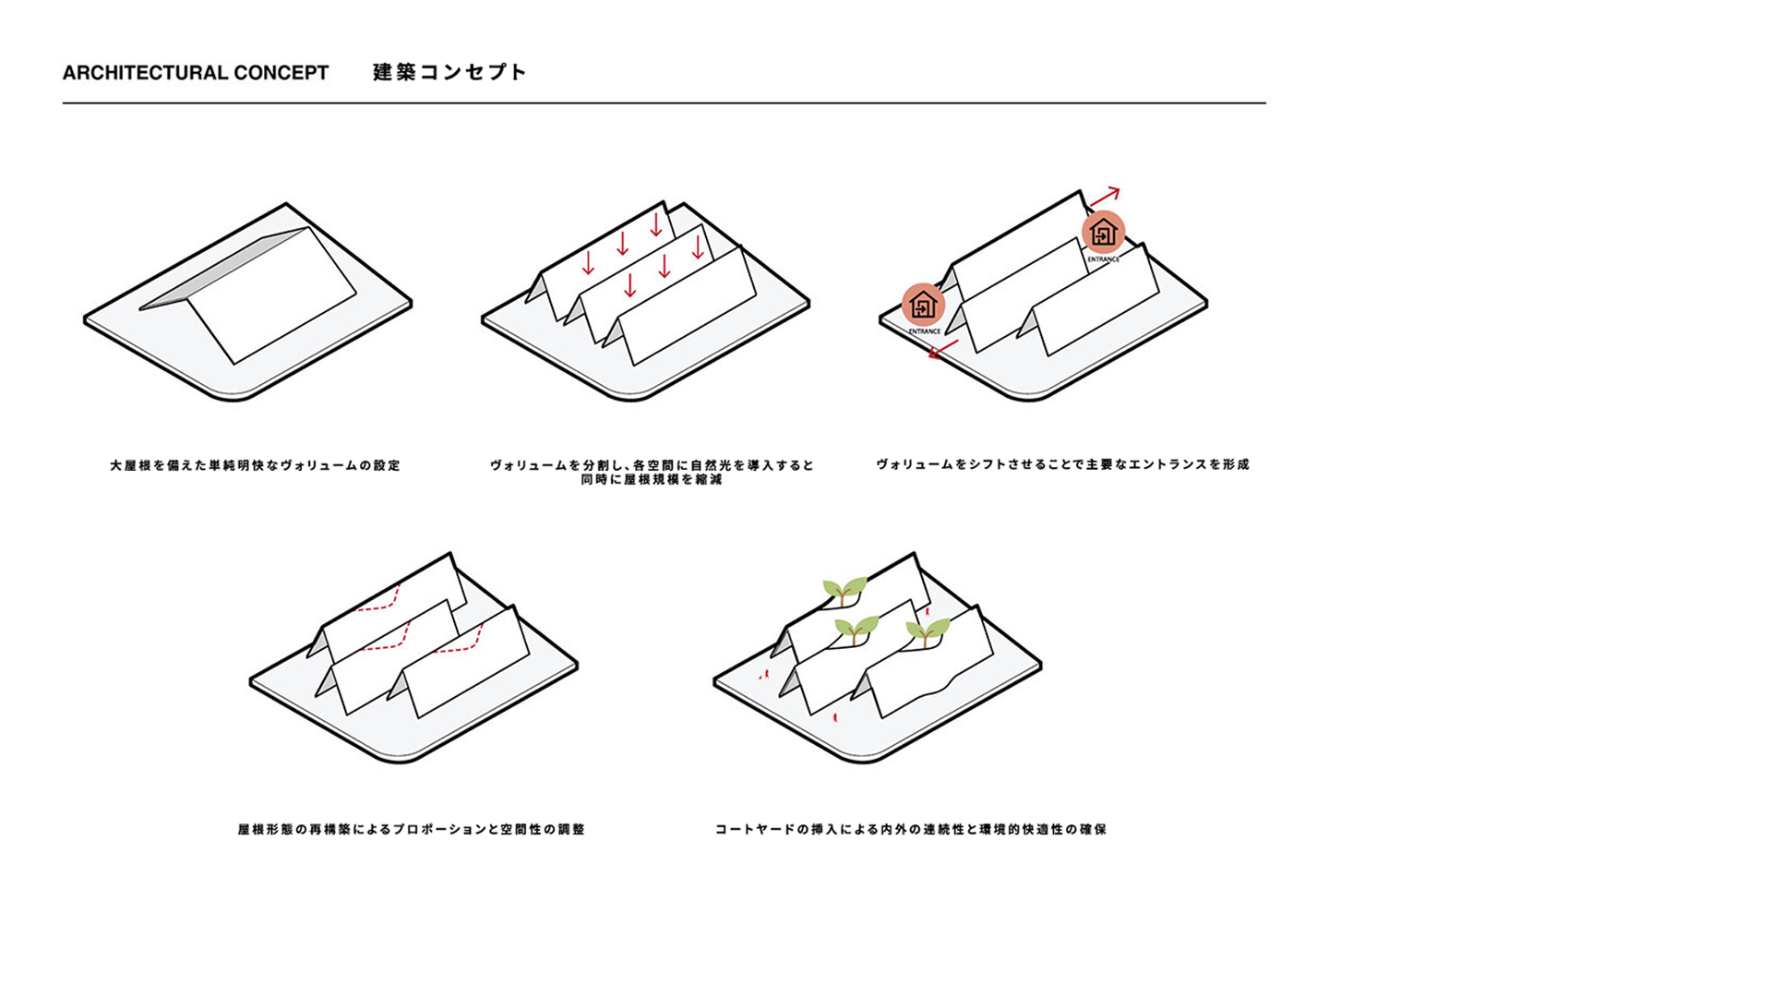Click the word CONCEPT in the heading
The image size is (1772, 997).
tap(281, 73)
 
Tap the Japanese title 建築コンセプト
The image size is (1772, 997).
tap(449, 72)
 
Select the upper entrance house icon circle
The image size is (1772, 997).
tap(1103, 232)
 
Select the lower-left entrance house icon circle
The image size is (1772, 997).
tap(923, 305)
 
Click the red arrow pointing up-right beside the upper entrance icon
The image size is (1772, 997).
tap(1105, 196)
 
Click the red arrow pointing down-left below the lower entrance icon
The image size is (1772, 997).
tap(943, 350)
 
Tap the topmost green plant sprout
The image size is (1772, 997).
tap(844, 590)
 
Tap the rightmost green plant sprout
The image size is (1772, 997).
tap(928, 632)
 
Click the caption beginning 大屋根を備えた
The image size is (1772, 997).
tap(256, 465)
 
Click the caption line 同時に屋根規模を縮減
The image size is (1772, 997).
tap(652, 480)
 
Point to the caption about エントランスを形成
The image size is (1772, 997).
tap(1062, 464)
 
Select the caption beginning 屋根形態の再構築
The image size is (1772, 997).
tap(412, 829)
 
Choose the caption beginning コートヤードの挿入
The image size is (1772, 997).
tap(911, 829)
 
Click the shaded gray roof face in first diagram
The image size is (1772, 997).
tap(226, 268)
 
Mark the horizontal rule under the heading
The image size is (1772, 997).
tap(664, 103)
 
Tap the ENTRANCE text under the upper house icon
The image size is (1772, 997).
tap(1103, 259)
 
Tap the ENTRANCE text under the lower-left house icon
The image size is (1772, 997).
tap(924, 331)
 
